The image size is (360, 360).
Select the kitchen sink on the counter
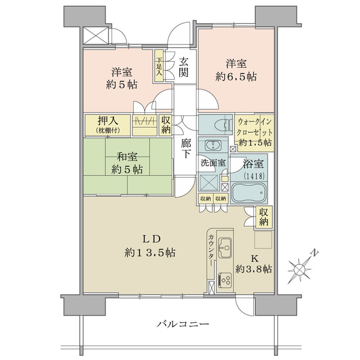tap(225, 248)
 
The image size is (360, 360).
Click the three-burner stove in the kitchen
tap(225, 280)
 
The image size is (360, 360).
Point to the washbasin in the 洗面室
tap(213, 145)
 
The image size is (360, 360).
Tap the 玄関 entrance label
tap(184, 67)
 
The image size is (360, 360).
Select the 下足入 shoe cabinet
tap(159, 66)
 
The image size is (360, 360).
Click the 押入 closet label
tap(107, 121)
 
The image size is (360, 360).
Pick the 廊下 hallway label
tap(185, 149)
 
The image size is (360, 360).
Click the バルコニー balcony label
tap(183, 324)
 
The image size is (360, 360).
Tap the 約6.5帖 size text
tap(236, 77)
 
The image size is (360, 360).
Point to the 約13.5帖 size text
tap(150, 253)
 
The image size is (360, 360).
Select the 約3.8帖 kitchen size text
tap(254, 269)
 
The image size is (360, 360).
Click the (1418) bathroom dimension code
tap(254, 176)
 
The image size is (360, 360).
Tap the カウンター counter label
tap(211, 250)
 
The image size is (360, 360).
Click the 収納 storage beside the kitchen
tap(263, 217)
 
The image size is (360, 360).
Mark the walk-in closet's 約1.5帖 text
tap(255, 143)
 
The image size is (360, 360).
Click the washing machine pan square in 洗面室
tap(209, 182)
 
